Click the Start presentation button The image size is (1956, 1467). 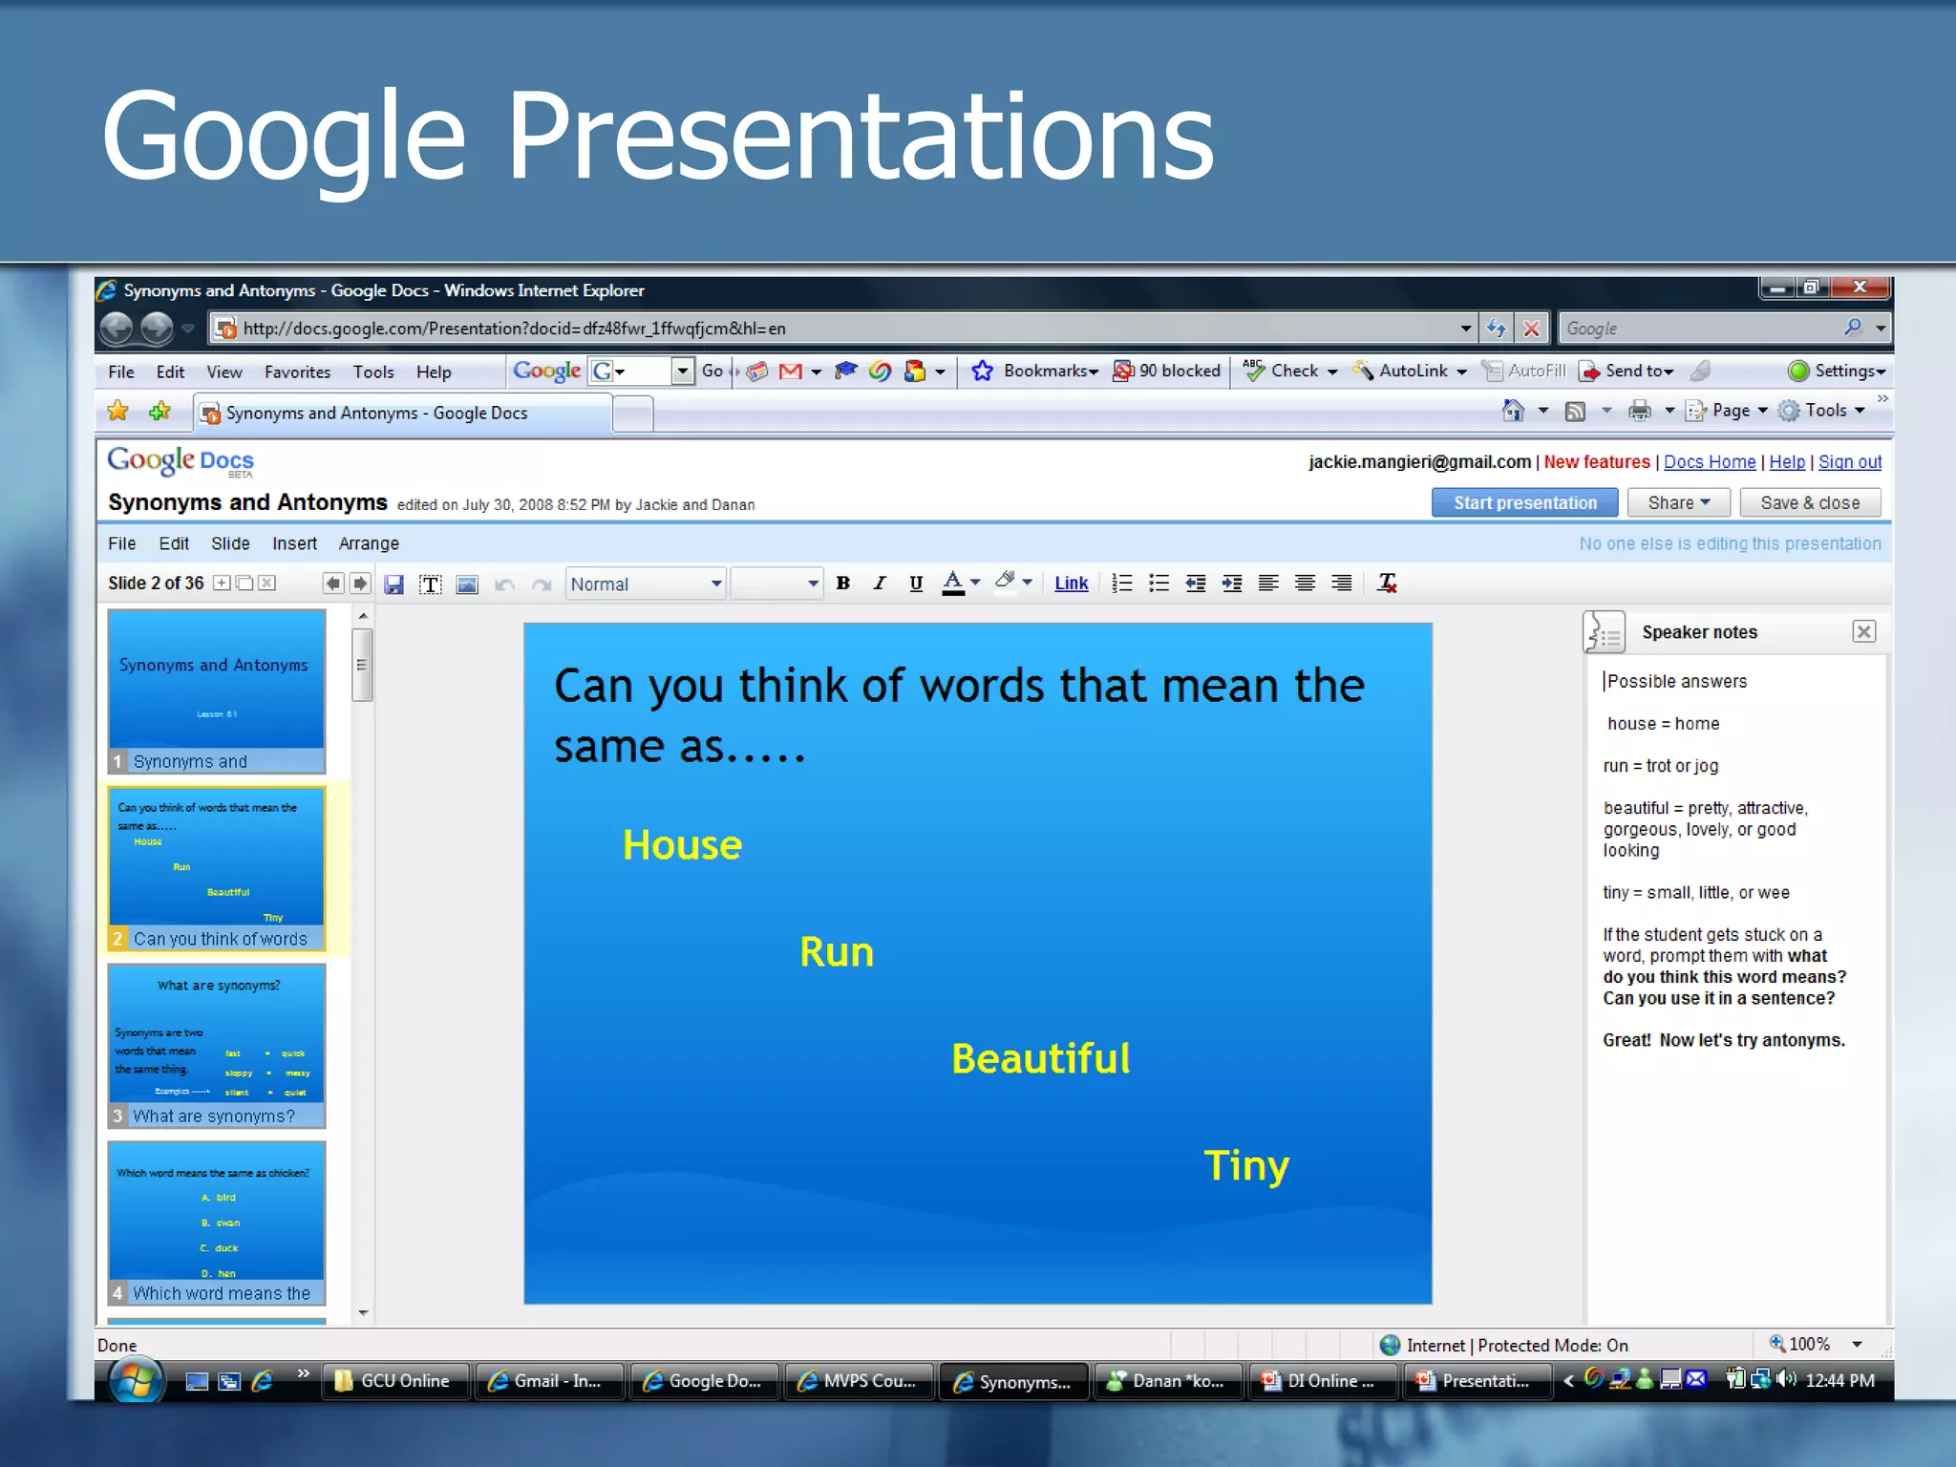click(x=1524, y=502)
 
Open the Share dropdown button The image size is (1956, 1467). click(x=1678, y=502)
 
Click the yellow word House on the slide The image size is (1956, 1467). click(x=682, y=845)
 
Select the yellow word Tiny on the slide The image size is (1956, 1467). click(x=1245, y=1165)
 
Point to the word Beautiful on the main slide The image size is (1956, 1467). click(x=1040, y=1058)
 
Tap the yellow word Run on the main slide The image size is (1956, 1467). click(x=836, y=952)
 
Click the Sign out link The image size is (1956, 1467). click(x=1849, y=462)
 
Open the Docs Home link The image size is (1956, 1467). click(x=1709, y=462)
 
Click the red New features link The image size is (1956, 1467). click(x=1596, y=462)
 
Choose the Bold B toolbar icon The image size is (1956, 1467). click(x=842, y=584)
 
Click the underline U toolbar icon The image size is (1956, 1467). click(x=915, y=584)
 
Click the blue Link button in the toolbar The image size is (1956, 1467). click(x=1071, y=584)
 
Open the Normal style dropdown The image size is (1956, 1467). click(x=646, y=584)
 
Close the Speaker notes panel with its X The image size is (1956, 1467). click(x=1863, y=631)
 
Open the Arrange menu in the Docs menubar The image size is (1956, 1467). click(x=369, y=543)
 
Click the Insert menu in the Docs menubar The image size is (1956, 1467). click(x=294, y=543)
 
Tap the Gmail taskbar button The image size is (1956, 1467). click(x=547, y=1381)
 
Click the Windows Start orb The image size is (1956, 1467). click(x=135, y=1381)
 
